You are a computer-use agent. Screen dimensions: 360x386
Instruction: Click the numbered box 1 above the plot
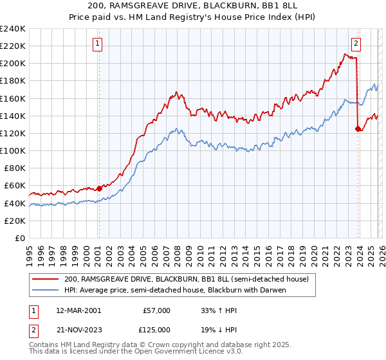pos(98,44)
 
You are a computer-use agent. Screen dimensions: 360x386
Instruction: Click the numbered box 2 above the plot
pos(356,44)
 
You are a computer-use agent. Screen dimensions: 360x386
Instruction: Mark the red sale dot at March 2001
pos(99,188)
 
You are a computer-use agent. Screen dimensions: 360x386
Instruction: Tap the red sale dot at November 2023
pos(357,129)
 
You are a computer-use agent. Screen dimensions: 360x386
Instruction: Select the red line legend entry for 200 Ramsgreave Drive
pos(187,279)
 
